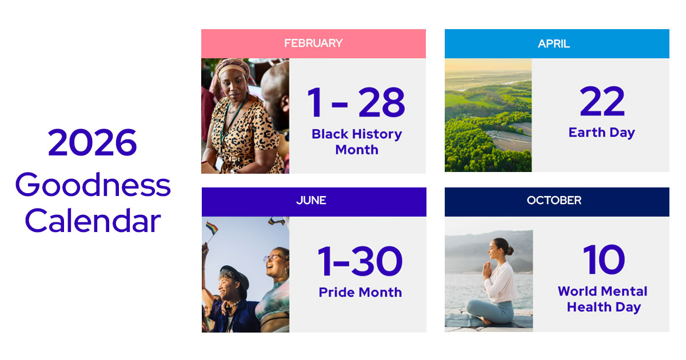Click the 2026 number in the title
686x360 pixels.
pos(93,142)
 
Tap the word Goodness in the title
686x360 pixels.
pos(93,185)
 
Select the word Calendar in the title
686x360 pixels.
pos(93,221)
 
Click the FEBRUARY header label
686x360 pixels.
pos(313,43)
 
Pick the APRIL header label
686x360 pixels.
pos(554,44)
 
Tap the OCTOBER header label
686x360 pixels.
pos(554,201)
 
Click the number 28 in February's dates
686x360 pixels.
pos(381,103)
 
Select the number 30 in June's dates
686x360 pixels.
pos(376,261)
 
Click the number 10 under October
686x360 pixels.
pos(604,260)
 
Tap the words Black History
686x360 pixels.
pos(357,134)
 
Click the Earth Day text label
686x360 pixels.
pos(601,133)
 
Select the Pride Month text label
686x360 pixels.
pos(360,292)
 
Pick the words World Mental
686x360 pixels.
pos(603,291)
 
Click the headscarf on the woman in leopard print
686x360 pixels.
pos(233,67)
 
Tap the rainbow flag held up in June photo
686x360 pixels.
pos(211,228)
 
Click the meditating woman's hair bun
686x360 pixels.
pos(509,250)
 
